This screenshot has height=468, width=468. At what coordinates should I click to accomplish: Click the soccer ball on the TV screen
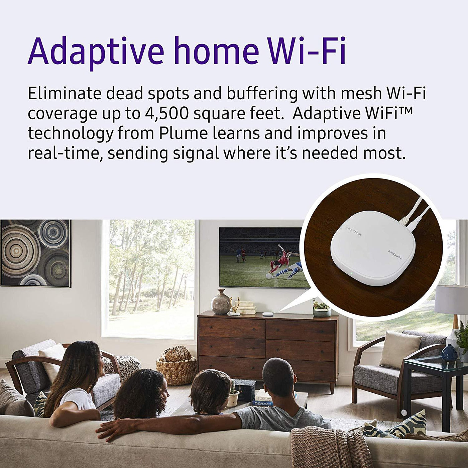[x=269, y=277]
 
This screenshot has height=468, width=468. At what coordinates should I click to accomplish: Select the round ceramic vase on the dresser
[x=221, y=302]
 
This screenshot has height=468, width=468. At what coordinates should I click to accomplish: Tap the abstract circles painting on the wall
[x=35, y=253]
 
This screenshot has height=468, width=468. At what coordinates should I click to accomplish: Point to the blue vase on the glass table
[x=449, y=352]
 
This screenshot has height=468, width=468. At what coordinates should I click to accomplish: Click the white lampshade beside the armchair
[x=452, y=300]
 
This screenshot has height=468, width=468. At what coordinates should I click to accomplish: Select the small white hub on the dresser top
[x=267, y=314]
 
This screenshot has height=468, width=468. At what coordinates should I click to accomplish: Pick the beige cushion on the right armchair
[x=399, y=349]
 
